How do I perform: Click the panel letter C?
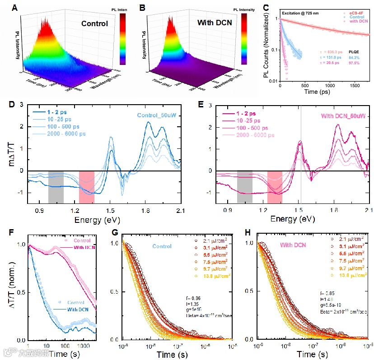coord(266,8)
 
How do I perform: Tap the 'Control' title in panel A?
coord(95,23)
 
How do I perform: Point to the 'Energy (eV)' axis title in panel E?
coord(292,219)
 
